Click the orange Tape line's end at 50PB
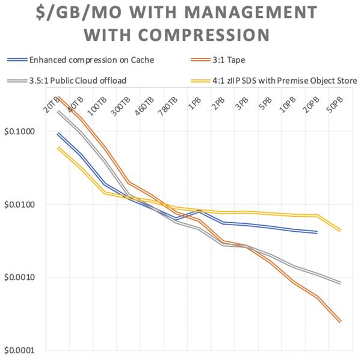pos(341,322)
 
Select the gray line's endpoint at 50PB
pos(341,283)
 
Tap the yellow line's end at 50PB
pos(341,231)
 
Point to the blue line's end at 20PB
pos(317,232)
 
